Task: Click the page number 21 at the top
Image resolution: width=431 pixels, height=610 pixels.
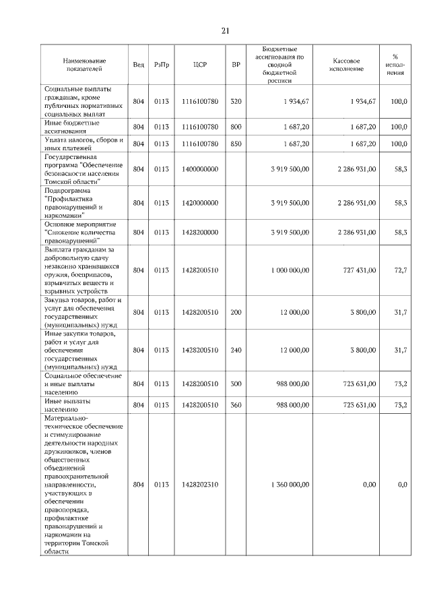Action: [225, 30]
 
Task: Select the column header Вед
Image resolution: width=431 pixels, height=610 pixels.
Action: [138, 65]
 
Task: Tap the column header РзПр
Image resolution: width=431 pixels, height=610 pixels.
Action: [161, 65]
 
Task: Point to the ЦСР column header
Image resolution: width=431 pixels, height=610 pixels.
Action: [199, 65]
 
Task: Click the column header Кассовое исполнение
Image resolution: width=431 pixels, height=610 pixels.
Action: [347, 65]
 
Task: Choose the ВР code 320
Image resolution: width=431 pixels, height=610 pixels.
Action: [236, 101]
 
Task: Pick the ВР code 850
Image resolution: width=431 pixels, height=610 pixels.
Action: [236, 144]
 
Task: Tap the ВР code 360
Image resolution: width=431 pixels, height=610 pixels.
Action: [236, 404]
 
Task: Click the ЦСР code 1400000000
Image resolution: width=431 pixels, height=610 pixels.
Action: [200, 169]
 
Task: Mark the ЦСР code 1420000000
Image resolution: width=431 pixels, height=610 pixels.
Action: [200, 202]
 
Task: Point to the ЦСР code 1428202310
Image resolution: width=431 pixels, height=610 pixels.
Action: [200, 484]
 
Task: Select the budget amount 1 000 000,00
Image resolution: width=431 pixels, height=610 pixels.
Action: [290, 270]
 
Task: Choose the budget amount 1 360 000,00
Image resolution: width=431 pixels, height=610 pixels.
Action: [290, 484]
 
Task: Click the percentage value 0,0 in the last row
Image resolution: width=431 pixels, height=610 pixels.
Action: [402, 484]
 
